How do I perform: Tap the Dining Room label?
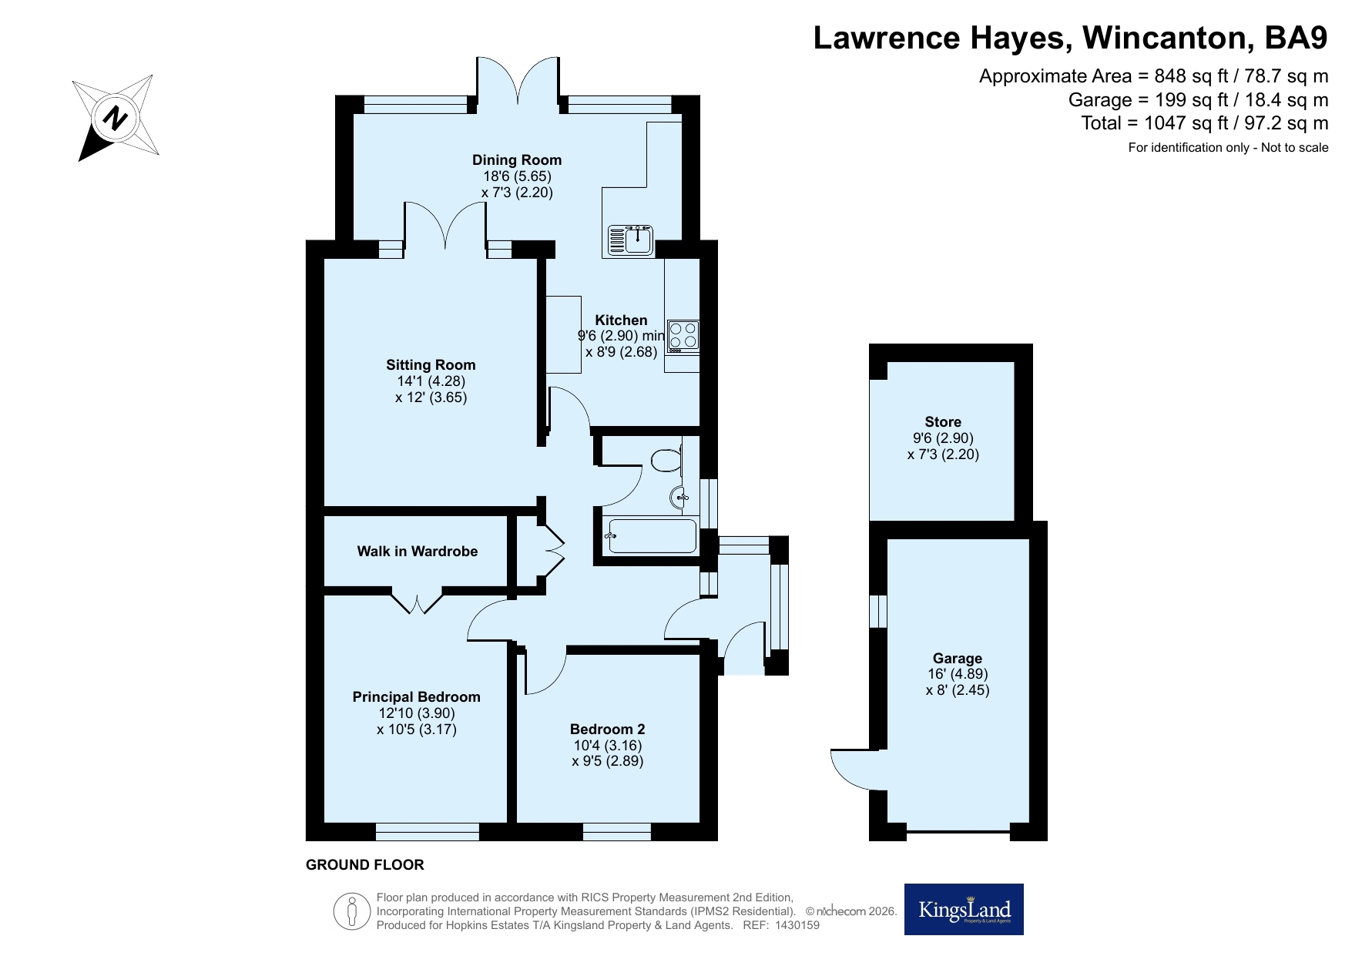click(x=517, y=160)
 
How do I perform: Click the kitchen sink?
click(x=630, y=240)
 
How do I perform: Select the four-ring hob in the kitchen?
click(x=683, y=336)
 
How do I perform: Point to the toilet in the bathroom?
click(x=666, y=461)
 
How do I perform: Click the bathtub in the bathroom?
click(x=652, y=535)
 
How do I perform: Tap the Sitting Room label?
click(x=431, y=365)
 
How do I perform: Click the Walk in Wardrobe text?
click(x=418, y=552)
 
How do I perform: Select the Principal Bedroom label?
click(x=417, y=697)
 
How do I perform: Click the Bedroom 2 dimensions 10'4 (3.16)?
click(x=607, y=745)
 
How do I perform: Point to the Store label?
click(x=943, y=422)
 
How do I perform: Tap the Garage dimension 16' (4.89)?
click(x=958, y=674)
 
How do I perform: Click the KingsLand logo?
click(x=964, y=909)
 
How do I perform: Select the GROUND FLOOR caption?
click(x=365, y=865)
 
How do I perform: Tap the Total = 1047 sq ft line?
click(x=1205, y=123)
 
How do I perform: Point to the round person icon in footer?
click(x=352, y=911)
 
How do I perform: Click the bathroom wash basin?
click(x=679, y=498)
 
